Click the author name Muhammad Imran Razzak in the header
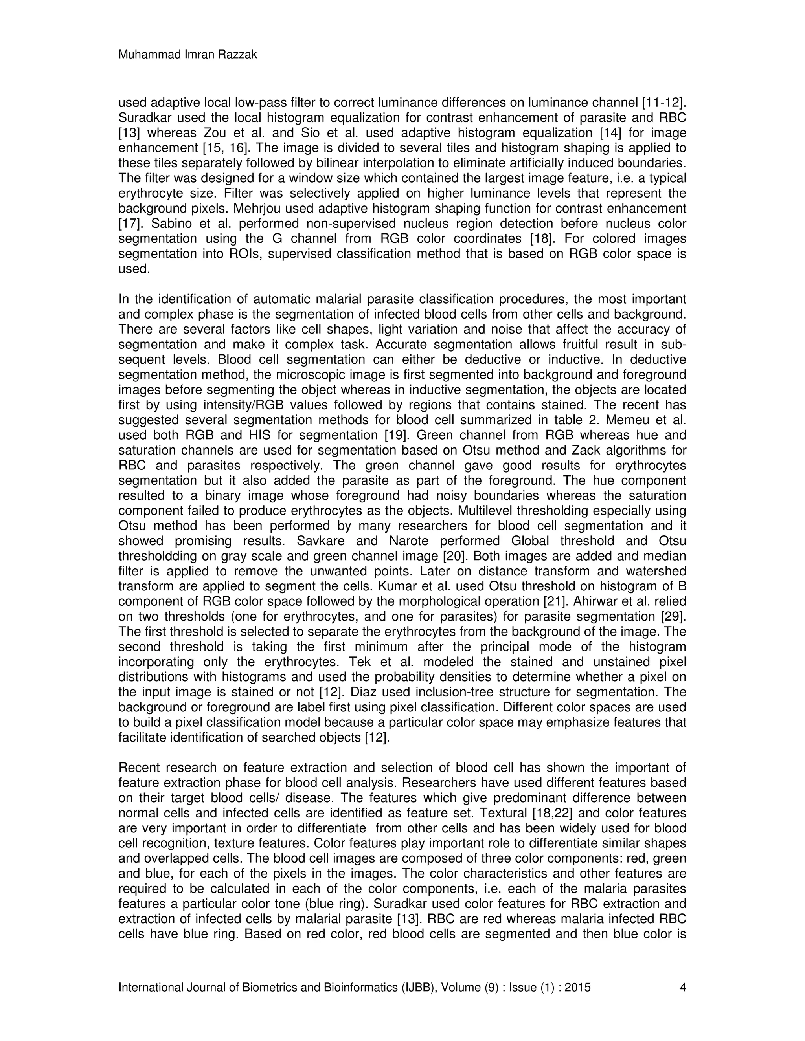(x=187, y=55)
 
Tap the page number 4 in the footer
(x=682, y=987)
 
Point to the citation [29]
(x=673, y=617)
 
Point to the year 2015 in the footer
(x=577, y=987)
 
